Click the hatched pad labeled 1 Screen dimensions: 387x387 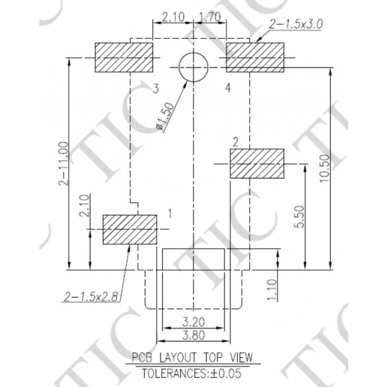point(129,229)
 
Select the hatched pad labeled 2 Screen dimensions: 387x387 point(257,164)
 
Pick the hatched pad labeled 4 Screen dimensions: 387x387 point(255,58)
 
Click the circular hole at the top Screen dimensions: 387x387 point(193,66)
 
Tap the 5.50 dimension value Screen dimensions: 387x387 point(298,216)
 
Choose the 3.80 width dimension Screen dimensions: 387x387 point(193,336)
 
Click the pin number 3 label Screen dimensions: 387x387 point(155,87)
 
